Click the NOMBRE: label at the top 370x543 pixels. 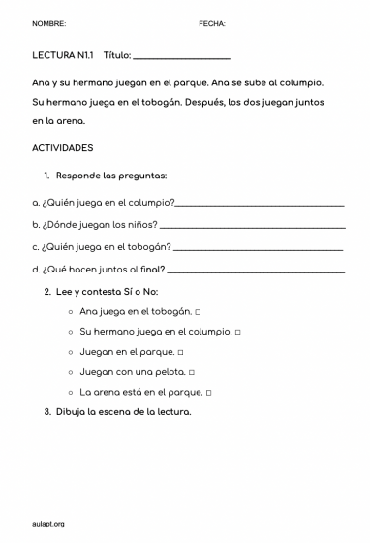(x=48, y=22)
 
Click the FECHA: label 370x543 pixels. (x=211, y=22)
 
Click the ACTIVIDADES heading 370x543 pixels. (x=62, y=148)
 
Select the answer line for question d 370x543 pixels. (x=256, y=271)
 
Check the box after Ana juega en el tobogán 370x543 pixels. (x=198, y=312)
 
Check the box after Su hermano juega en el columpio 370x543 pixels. (x=237, y=332)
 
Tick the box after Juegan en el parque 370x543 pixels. (x=181, y=352)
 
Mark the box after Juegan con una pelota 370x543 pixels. (x=192, y=372)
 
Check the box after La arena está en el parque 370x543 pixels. (x=208, y=393)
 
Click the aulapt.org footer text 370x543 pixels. (x=47, y=524)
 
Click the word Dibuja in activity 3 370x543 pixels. (x=73, y=412)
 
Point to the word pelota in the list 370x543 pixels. (x=167, y=372)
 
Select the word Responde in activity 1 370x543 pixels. (x=77, y=176)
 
